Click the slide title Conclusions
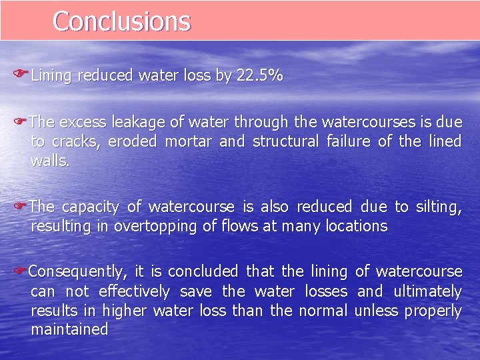tap(121, 21)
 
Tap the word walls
tap(49, 161)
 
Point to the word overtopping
tap(155, 226)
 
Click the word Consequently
tap(77, 272)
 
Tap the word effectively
tap(134, 291)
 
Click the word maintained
tap(69, 329)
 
